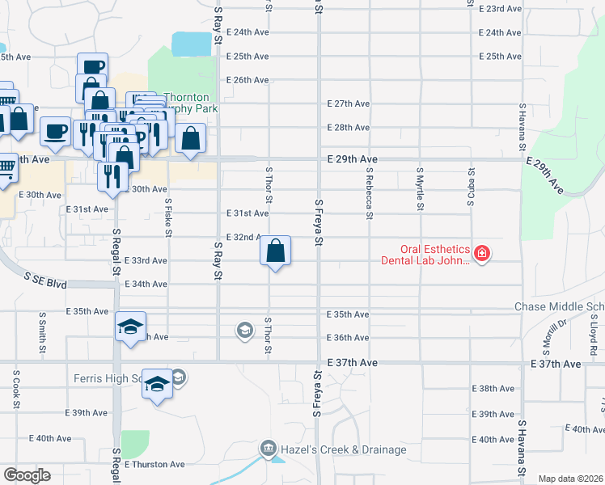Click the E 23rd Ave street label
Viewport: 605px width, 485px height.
pyautogui.click(x=500, y=8)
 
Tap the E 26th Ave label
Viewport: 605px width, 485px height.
pyautogui.click(x=247, y=80)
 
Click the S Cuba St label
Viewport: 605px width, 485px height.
pyautogui.click(x=470, y=187)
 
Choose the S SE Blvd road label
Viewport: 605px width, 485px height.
pyautogui.click(x=44, y=280)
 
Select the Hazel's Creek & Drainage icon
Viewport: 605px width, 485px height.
pyautogui.click(x=268, y=448)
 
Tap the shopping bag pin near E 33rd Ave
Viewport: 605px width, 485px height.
pyautogui.click(x=276, y=251)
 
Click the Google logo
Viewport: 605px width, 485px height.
pyautogui.click(x=27, y=475)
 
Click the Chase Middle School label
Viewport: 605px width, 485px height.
pyautogui.click(x=559, y=307)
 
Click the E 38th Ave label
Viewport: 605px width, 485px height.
pyautogui.click(x=497, y=389)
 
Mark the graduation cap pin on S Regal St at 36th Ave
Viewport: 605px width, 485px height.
pyautogui.click(x=130, y=327)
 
